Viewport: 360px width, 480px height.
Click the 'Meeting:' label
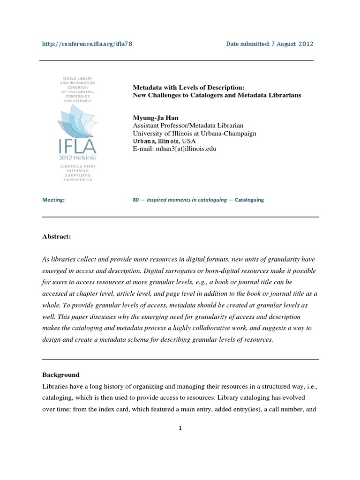pos(53,200)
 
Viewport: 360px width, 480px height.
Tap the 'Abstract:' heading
pos(57,237)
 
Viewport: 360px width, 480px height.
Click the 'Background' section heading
pos(61,375)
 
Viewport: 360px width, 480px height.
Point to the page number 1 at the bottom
pos(180,428)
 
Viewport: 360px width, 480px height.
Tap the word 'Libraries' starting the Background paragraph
pos(55,385)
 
